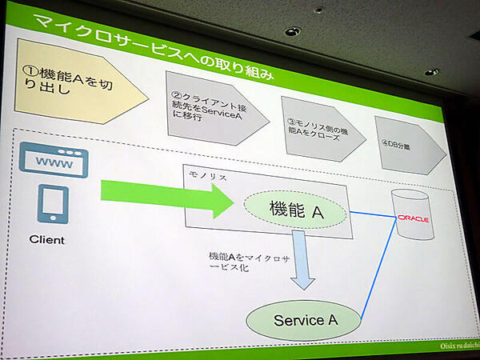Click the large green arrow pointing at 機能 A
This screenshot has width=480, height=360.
click(x=168, y=196)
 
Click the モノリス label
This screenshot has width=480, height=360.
click(x=206, y=174)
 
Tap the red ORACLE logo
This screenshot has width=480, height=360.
click(x=414, y=218)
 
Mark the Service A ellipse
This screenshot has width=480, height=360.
click(x=304, y=319)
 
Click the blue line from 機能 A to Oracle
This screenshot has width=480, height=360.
click(x=372, y=214)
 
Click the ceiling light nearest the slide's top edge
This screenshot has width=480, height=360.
click(x=292, y=31)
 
